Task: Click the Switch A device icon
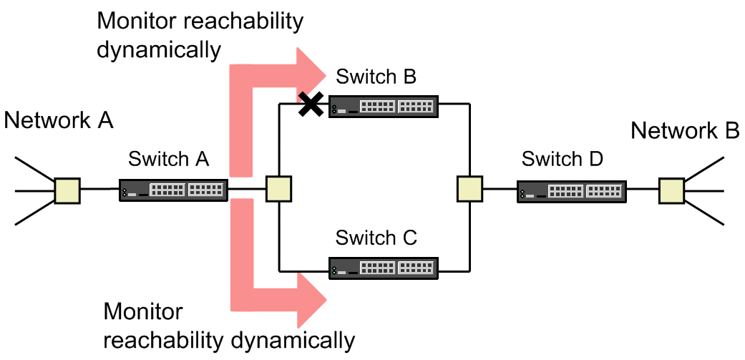coord(172,190)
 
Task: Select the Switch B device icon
coord(383,107)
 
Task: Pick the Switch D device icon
coord(571,190)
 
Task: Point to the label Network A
coord(59,120)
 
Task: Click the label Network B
coord(684,131)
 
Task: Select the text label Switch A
coord(169,159)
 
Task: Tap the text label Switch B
coord(376,77)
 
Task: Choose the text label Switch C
coord(376,238)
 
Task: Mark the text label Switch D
coord(563,159)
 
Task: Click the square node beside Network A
coord(67,190)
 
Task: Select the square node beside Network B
coord(671,190)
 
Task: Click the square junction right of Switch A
coord(278,190)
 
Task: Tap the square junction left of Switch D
coord(469,190)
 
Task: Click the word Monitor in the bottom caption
coord(143,312)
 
